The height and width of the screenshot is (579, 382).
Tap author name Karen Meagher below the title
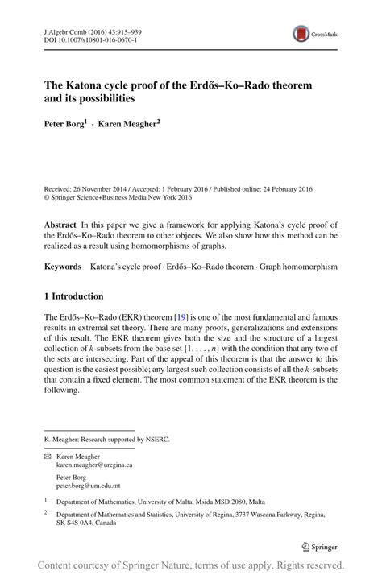pyautogui.click(x=131, y=124)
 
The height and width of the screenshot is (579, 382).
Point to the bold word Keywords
pyautogui.click(x=63, y=266)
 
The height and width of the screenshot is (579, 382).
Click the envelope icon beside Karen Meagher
pyautogui.click(x=47, y=456)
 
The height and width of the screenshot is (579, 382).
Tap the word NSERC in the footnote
pyautogui.click(x=157, y=440)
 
